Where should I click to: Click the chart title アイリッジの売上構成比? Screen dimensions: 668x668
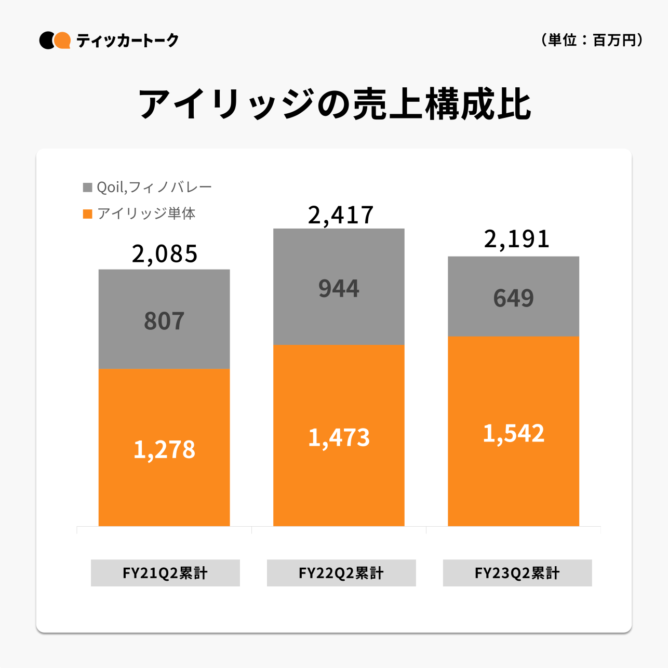pos(334,104)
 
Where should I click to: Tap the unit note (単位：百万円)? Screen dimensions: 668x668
pos(592,40)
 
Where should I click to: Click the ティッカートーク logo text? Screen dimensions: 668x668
pos(127,40)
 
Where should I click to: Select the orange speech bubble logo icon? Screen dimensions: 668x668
pos(63,40)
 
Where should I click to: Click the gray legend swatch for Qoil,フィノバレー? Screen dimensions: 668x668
pos(88,187)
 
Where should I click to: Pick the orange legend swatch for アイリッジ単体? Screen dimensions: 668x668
pos(88,213)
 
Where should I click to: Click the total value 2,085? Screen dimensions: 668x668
pos(165,254)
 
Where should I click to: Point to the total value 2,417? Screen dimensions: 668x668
pos(340,215)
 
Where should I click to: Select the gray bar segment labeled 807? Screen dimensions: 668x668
pos(164,318)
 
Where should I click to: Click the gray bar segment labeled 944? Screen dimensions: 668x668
pos(339,286)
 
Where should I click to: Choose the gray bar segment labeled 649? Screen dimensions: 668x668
pos(513,296)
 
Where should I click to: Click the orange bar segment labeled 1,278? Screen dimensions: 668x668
pos(164,447)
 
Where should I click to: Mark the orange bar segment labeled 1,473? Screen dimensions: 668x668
pos(339,435)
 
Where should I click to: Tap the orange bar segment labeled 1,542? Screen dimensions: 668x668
pos(513,431)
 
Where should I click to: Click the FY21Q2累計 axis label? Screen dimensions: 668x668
pos(165,573)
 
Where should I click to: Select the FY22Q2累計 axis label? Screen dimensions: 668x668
pos(341,573)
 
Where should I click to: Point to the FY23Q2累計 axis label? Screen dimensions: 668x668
pos(517,573)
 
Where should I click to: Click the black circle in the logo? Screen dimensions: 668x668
pos(46,40)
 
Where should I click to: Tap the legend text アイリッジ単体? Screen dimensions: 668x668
pos(146,213)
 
